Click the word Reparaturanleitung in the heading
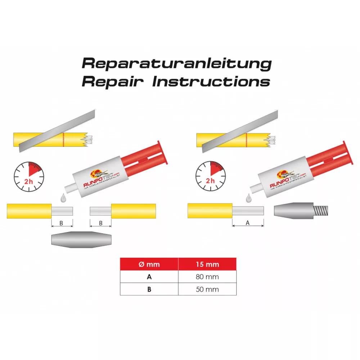(x=176, y=63)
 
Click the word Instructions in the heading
(x=211, y=81)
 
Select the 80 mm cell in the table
(x=207, y=277)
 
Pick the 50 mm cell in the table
(x=207, y=289)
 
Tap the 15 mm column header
(x=207, y=264)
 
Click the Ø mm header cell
(x=149, y=264)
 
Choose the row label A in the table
(x=149, y=277)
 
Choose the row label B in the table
(x=149, y=289)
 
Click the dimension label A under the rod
(x=247, y=223)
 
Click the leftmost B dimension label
(x=61, y=223)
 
